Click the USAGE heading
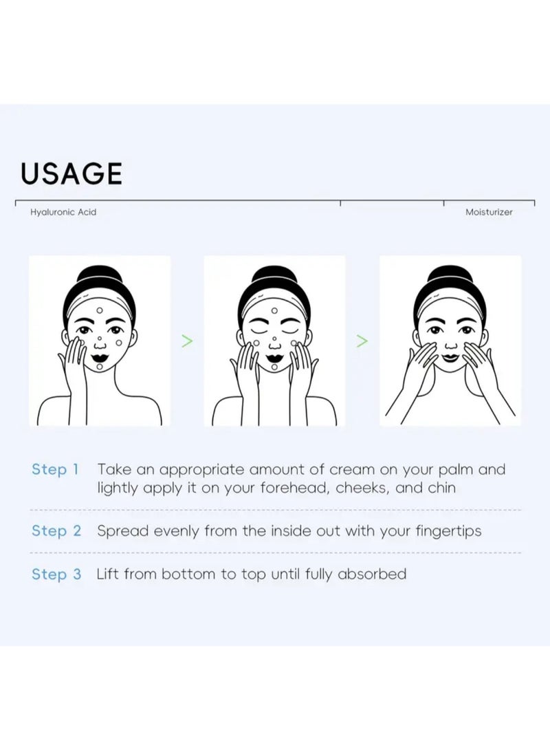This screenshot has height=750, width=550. click(x=71, y=173)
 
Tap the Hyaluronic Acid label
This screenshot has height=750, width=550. click(x=63, y=212)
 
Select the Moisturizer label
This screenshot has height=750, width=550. click(x=489, y=212)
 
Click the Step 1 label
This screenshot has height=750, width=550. click(x=55, y=469)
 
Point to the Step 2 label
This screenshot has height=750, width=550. click(x=56, y=531)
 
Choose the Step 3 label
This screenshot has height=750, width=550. click(x=56, y=574)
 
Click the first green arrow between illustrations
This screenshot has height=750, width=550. click(x=187, y=341)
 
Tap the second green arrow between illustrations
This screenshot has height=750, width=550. click(x=363, y=341)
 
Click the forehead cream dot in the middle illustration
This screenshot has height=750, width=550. click(x=274, y=310)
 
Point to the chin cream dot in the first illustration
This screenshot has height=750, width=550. click(x=100, y=367)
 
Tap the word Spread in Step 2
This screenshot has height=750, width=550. click(x=123, y=531)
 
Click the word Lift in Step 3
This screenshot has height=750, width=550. click(x=107, y=573)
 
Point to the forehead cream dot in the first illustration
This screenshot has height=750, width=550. click(x=100, y=310)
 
